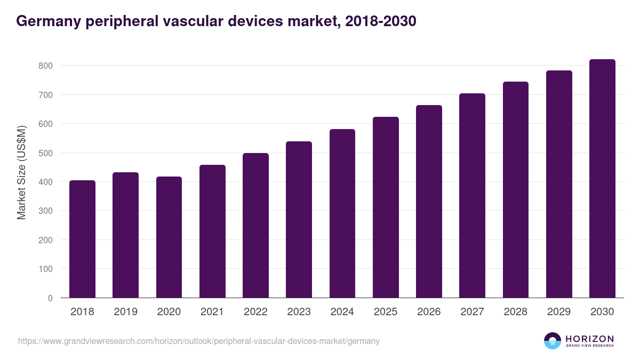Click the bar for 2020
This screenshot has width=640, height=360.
tap(169, 237)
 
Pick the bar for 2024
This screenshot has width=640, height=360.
tap(342, 213)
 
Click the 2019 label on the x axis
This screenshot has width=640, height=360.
tap(125, 312)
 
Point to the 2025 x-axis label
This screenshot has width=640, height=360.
tap(386, 312)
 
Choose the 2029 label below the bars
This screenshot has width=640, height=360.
tap(559, 312)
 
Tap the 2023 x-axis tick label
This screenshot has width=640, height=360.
tap(299, 312)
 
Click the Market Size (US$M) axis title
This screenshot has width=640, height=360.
tap(21, 172)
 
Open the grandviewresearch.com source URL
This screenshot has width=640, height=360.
tap(198, 341)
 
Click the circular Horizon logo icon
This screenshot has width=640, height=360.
tap(553, 341)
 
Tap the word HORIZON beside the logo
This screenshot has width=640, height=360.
tap(589, 338)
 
